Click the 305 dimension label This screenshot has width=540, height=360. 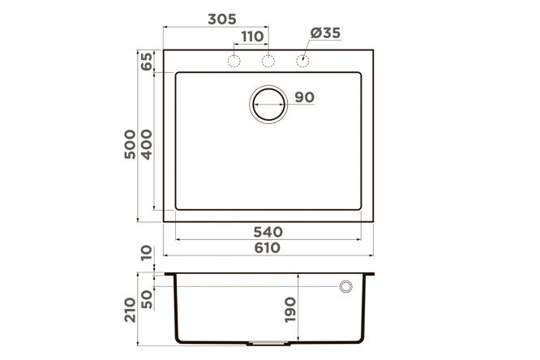pos(222,19)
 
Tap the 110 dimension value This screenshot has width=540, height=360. pos(252,36)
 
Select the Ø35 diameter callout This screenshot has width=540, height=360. pos(325,33)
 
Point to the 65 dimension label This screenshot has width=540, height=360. pos(147,62)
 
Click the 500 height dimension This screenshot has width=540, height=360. pos(131,144)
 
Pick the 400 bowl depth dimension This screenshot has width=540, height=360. pos(147,144)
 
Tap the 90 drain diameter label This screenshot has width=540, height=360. pos(305,97)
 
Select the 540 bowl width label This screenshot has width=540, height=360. pos(268,232)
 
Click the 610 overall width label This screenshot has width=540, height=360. pos(268,248)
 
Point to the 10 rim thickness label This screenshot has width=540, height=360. pos(147,253)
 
